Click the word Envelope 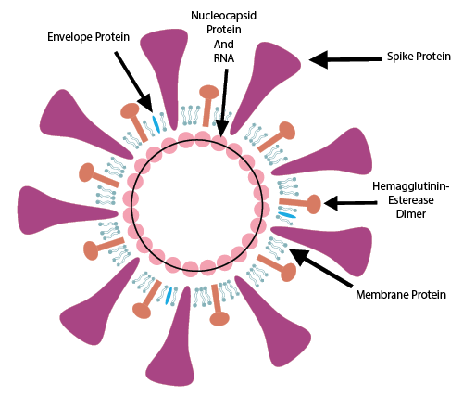[70, 37]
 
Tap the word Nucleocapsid [224, 16]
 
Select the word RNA [224, 58]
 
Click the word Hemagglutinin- [411, 186]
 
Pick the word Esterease [411, 200]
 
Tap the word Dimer [411, 214]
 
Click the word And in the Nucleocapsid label [224, 45]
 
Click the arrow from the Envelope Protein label [133, 82]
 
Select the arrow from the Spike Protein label [345, 59]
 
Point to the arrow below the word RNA [224, 102]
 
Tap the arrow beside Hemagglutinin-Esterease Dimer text [350, 203]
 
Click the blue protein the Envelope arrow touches [156, 123]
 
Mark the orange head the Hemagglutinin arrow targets [314, 204]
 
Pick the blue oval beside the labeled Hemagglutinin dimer [287, 214]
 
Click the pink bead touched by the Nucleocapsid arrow [219, 139]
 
